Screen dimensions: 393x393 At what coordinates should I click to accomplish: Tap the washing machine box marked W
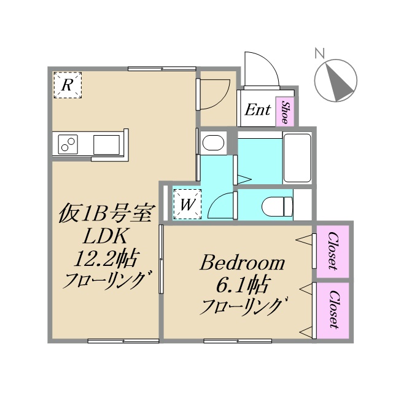click(x=187, y=203)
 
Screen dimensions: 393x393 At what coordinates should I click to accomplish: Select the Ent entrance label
click(x=258, y=111)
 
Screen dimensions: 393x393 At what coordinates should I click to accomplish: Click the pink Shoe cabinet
click(x=286, y=111)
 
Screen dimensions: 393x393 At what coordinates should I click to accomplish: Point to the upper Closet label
click(x=333, y=251)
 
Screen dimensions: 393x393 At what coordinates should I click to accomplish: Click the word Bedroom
click(x=243, y=263)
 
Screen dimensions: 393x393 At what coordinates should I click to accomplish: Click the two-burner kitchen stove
click(x=68, y=145)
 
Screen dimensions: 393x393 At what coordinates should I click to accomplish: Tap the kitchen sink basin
click(x=107, y=145)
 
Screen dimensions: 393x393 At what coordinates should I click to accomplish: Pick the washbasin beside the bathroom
click(x=213, y=144)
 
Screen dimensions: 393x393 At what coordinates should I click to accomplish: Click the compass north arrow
click(x=336, y=82)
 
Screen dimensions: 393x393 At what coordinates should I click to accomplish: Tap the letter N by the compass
click(x=319, y=53)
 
